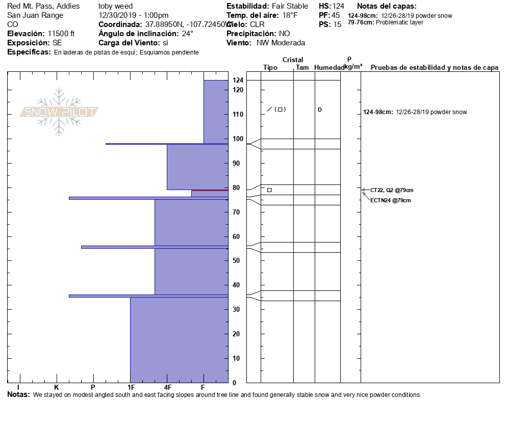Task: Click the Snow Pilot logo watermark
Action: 59,112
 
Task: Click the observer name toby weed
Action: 115,6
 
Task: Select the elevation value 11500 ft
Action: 61,34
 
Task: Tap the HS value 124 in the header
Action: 338,6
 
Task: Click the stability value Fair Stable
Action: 290,6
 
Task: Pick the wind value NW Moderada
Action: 281,43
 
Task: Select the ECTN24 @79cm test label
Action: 391,200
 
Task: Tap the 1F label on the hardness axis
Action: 131,388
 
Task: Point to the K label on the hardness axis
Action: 57,388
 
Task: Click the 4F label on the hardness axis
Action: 167,388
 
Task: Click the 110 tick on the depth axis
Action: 238,114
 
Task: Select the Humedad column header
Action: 328,67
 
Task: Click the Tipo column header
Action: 270,67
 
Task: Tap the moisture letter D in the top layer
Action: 320,110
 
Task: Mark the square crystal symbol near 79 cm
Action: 269,190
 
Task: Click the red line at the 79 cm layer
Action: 210,191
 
